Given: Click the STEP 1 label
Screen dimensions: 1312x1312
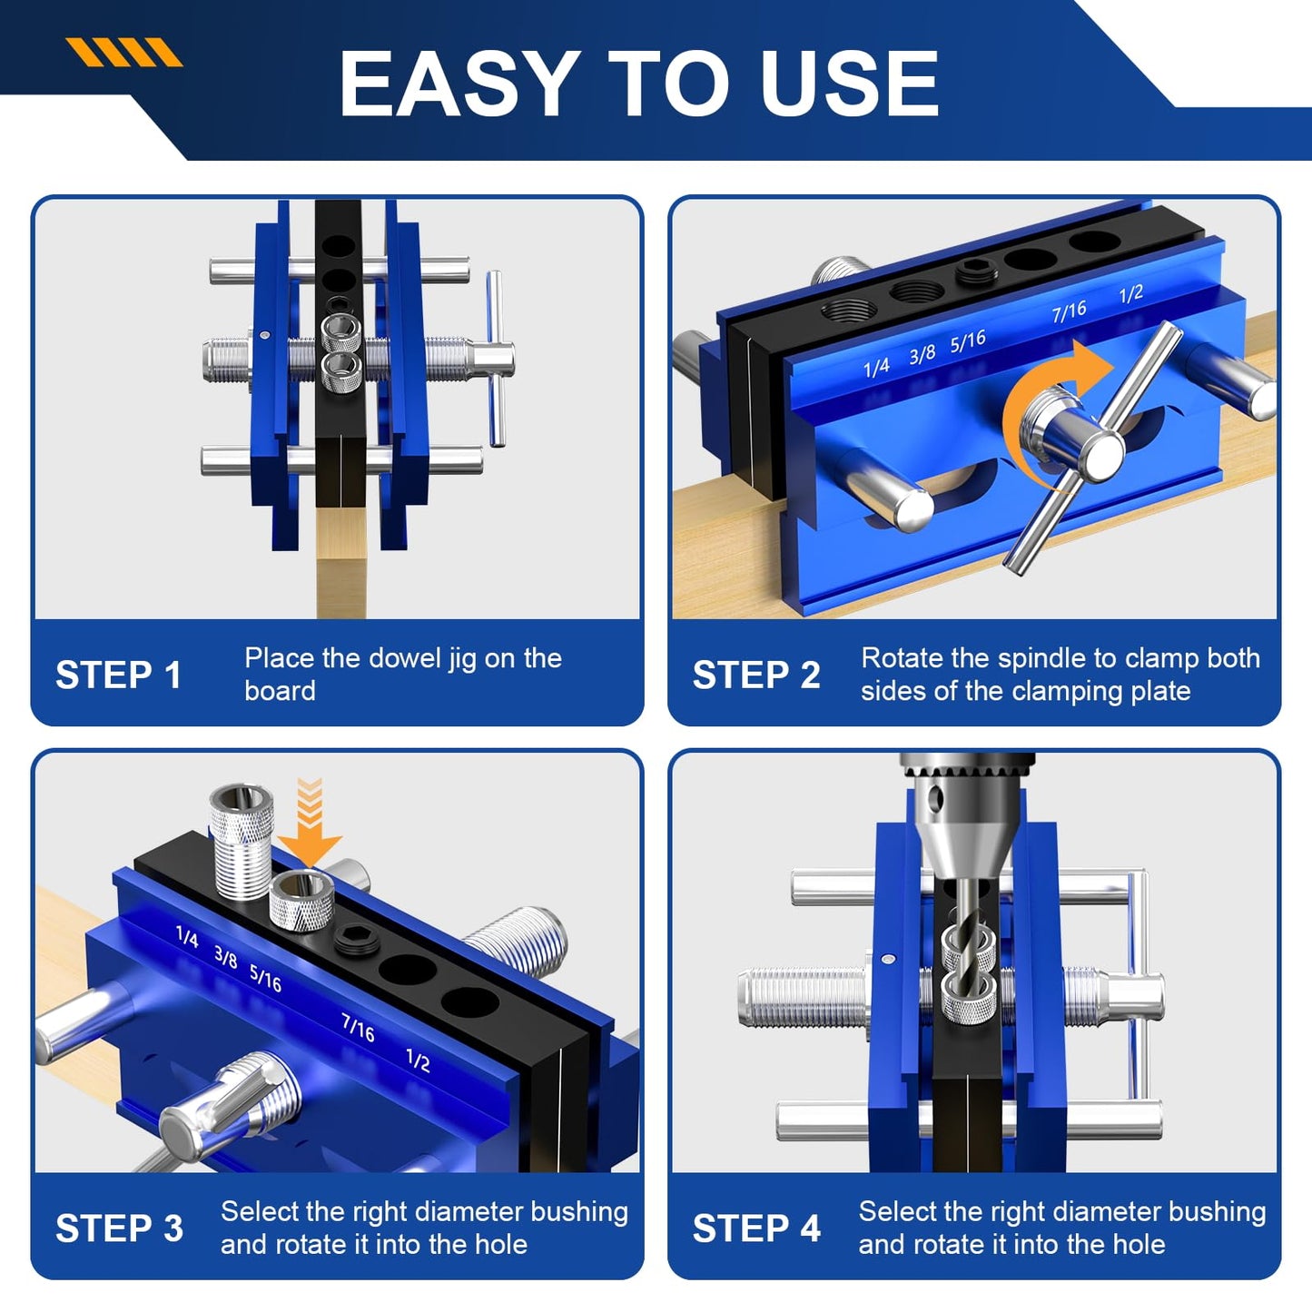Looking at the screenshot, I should click(118, 675).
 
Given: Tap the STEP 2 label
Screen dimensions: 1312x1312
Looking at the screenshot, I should click(755, 675).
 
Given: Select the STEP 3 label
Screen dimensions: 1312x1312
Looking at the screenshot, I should click(119, 1228).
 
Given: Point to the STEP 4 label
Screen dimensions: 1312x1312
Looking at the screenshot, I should click(755, 1228).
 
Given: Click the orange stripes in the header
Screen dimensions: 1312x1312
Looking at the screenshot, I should click(124, 53).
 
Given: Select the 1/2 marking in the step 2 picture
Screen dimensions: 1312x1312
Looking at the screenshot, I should click(1130, 294).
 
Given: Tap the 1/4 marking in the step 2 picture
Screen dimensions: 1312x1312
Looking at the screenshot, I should click(875, 367).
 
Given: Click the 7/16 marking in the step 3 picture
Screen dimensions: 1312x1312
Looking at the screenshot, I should click(358, 1027).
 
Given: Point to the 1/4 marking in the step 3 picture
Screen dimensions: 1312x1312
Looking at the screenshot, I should click(187, 936).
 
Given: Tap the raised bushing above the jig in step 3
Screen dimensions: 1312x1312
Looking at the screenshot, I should click(242, 840).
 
